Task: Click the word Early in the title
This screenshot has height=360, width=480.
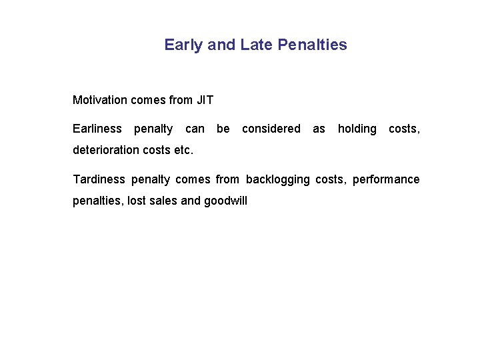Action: tap(184, 45)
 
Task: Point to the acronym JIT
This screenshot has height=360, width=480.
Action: tap(205, 101)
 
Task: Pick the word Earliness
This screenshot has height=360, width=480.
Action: tap(97, 129)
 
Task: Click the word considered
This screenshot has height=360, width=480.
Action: tap(271, 129)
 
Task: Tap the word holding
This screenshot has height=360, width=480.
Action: tap(357, 129)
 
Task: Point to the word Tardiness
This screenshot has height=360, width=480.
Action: tap(99, 179)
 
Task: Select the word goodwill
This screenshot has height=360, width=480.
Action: tap(225, 201)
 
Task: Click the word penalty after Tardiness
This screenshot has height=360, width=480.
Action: tap(151, 179)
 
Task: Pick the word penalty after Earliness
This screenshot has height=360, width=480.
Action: tap(153, 129)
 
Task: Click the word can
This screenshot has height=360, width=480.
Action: tap(195, 129)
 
